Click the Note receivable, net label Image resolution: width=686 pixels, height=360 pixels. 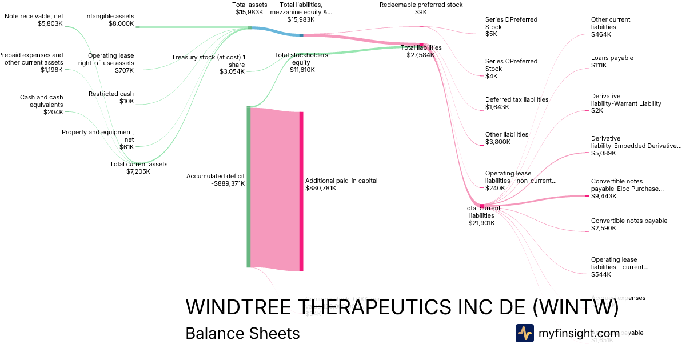34,20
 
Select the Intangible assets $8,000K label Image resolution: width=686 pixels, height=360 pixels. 110,20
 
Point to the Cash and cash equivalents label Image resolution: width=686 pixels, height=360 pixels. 41,105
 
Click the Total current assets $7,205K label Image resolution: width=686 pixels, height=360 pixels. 138,167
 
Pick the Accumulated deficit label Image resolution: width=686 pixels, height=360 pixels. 216,180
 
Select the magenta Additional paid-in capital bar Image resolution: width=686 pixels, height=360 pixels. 301,191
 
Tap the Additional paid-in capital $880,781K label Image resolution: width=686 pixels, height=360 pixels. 341,184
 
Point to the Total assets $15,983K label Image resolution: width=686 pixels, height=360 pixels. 248,8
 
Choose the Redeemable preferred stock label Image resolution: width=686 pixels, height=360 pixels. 421,8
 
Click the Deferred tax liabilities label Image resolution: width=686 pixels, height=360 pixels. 516,103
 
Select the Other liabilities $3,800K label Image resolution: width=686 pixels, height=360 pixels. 506,138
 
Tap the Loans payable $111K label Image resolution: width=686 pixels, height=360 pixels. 612,62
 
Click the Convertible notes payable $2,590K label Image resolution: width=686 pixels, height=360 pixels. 629,225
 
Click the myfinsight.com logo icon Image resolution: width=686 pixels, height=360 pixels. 525,333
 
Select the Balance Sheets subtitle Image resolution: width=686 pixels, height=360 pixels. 242,333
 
